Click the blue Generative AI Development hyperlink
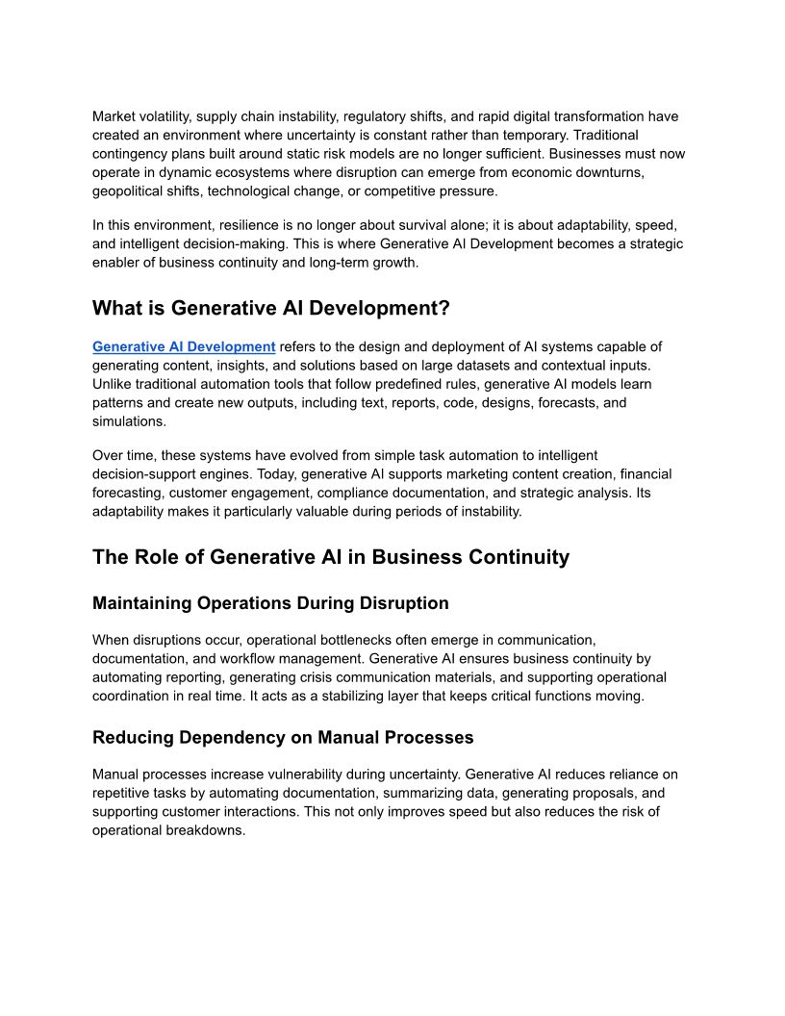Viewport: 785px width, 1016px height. tap(184, 346)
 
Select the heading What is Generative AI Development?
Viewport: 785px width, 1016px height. tap(271, 308)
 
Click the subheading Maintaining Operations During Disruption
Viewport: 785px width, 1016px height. tap(270, 603)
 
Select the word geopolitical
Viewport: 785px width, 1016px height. tap(130, 190)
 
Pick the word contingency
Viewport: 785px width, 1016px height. tap(130, 154)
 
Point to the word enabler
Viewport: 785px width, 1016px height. tap(117, 263)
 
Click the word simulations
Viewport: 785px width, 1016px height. tap(129, 421)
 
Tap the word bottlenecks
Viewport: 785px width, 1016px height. tap(392, 640)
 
